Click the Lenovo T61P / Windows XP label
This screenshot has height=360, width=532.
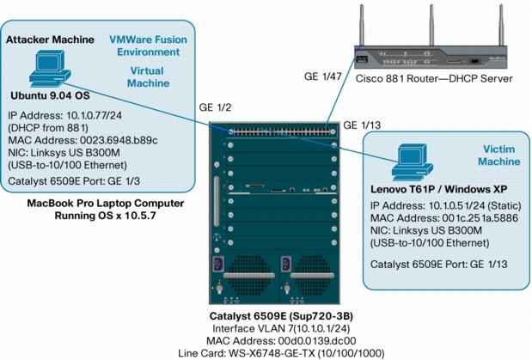425,188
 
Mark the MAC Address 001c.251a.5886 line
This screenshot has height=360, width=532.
434,218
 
